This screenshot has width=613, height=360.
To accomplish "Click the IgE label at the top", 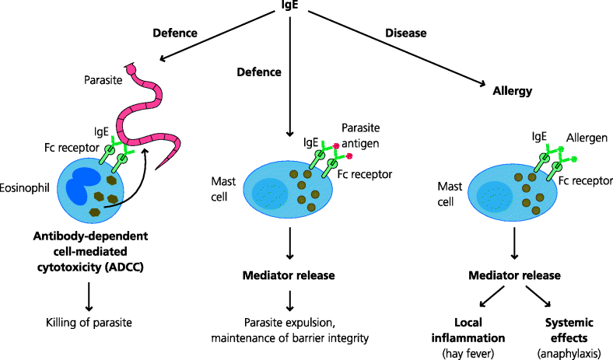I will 291,6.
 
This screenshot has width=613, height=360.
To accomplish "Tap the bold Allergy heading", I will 512,91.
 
